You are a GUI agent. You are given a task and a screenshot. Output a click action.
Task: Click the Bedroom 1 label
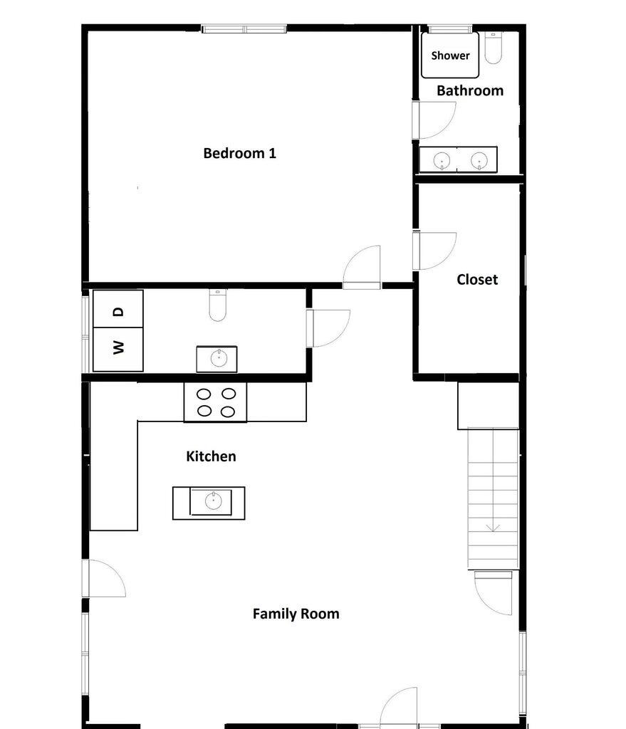click(x=239, y=153)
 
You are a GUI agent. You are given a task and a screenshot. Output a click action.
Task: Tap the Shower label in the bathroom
click(x=450, y=56)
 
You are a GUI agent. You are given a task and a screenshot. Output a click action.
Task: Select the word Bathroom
click(x=469, y=90)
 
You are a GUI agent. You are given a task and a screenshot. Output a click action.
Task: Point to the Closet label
click(x=476, y=280)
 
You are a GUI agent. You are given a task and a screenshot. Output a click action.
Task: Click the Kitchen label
click(x=211, y=456)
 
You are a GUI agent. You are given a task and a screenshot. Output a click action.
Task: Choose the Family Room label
click(x=296, y=614)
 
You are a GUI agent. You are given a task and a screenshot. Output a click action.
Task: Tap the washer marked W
click(x=119, y=348)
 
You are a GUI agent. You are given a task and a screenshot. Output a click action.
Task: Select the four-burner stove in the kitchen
click(x=216, y=402)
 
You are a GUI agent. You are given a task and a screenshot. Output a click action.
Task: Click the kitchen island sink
click(x=213, y=501)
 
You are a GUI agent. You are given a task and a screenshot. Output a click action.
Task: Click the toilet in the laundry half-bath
click(x=218, y=305)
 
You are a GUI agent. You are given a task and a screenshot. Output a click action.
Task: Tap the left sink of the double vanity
click(x=442, y=161)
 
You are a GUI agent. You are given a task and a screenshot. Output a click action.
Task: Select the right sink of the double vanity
click(x=479, y=161)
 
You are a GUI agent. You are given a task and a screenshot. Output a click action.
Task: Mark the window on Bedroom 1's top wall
click(x=244, y=29)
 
